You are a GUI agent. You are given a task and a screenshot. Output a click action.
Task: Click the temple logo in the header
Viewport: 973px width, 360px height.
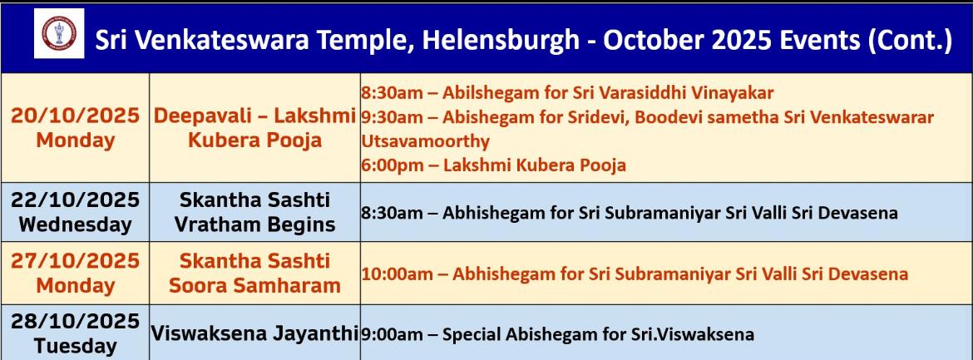coord(59,33)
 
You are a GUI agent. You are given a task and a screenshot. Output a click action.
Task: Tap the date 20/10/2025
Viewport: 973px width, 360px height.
coord(75,116)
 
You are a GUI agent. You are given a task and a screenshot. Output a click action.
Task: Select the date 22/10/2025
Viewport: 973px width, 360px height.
coord(75,200)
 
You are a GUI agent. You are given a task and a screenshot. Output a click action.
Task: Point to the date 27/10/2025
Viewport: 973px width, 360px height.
coord(75,261)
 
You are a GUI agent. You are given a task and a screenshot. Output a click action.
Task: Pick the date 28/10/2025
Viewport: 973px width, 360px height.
coord(75,322)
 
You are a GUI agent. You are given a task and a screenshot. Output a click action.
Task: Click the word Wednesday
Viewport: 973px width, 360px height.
coord(75,224)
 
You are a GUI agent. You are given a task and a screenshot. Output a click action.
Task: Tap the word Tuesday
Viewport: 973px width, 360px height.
coord(75,346)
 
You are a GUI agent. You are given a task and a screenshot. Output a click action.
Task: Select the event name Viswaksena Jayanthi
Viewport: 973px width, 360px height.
coord(255,333)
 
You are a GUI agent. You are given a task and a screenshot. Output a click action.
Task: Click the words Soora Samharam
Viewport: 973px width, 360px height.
coord(255,285)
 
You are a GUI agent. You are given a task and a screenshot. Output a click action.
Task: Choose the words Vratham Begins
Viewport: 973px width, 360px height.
coord(255,224)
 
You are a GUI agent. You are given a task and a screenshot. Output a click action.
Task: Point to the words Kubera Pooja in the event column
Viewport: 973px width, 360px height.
coord(255,140)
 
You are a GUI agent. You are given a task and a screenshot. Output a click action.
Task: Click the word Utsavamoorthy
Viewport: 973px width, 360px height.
coord(425,141)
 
